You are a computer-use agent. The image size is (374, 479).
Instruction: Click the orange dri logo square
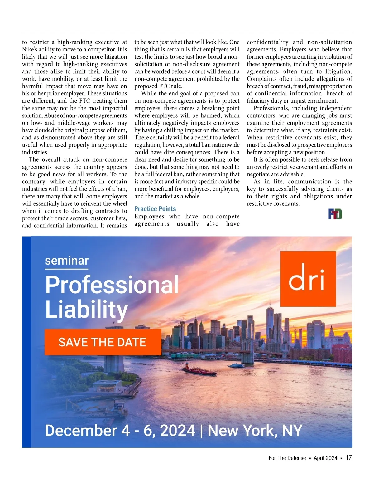(308, 279)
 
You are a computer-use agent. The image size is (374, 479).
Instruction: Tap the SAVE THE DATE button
(103, 342)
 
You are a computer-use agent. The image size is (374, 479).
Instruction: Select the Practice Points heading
(155, 209)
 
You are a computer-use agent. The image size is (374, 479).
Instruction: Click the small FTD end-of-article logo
(335, 214)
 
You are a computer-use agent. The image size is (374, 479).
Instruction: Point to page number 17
(348, 458)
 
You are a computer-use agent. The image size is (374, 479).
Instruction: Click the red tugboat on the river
(199, 370)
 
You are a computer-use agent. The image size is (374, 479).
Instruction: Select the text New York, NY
(255, 431)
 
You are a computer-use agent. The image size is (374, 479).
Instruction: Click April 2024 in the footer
(325, 458)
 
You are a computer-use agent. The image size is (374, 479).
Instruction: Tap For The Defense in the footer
(287, 458)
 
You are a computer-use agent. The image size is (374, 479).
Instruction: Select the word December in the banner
(80, 431)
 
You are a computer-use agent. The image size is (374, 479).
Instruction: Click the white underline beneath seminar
(66, 269)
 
